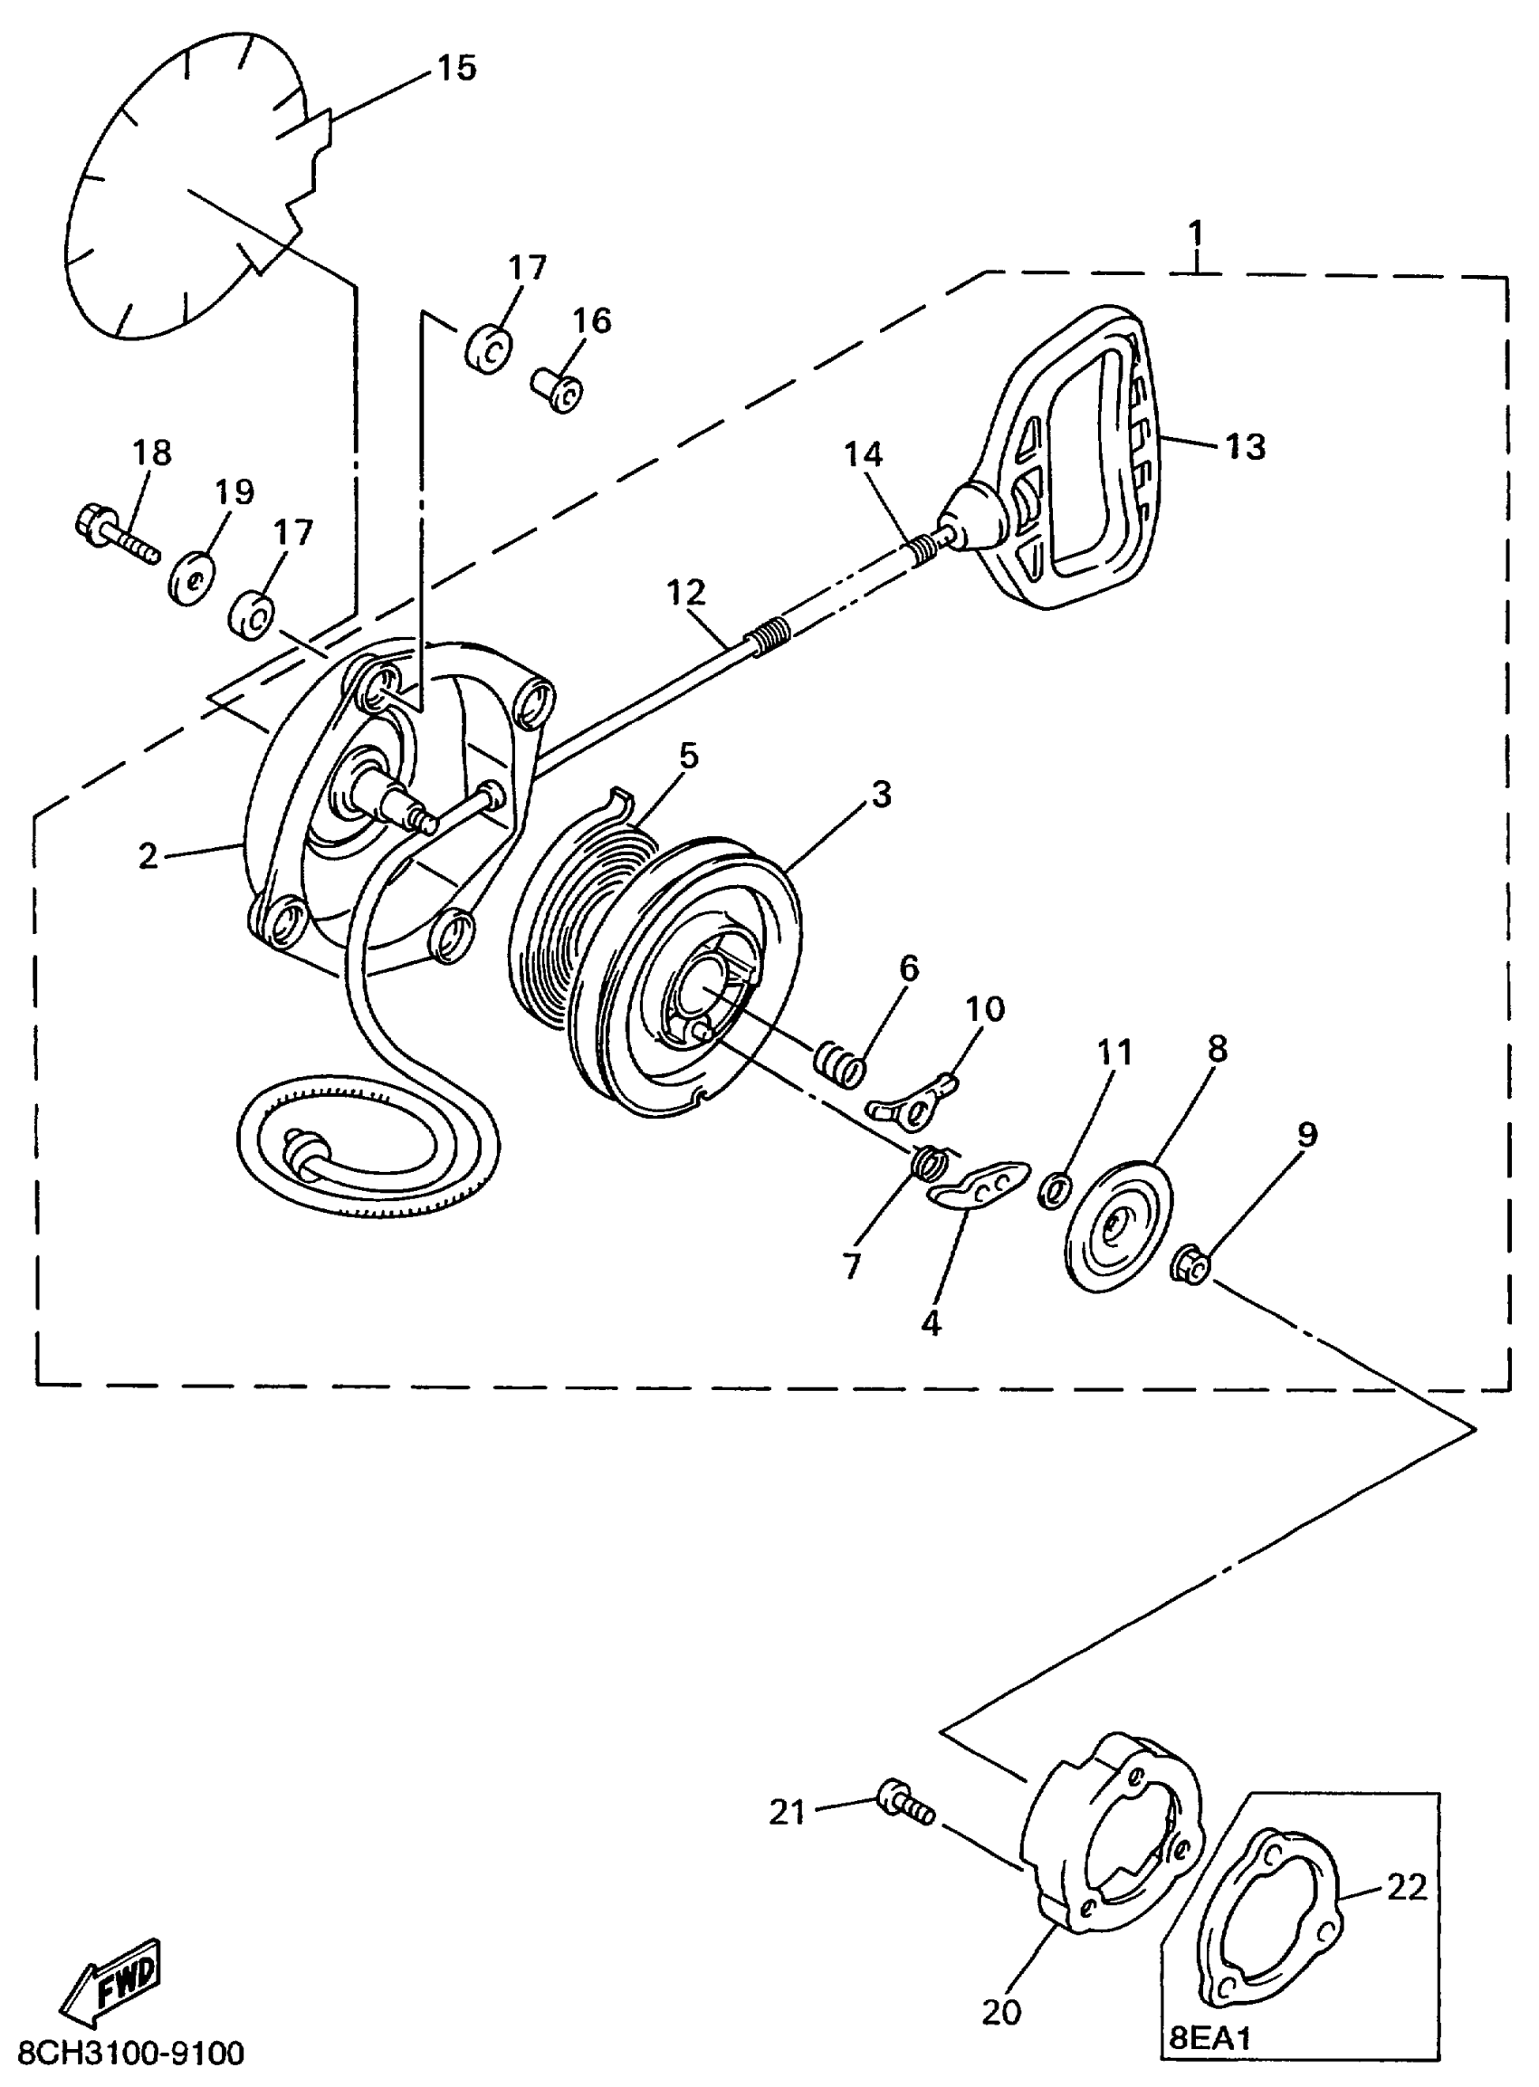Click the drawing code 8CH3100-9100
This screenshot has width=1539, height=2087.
(131, 2053)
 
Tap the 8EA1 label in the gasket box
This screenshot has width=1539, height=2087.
(1210, 2038)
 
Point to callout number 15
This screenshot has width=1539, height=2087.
(456, 68)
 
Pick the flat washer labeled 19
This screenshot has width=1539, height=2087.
(191, 581)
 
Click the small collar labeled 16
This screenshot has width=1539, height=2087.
(558, 391)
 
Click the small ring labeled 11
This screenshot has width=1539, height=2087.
(1054, 1191)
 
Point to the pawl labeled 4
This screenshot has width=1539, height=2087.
(979, 1186)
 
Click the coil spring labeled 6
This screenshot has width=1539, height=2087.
(841, 1065)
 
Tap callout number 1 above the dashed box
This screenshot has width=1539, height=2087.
(1196, 232)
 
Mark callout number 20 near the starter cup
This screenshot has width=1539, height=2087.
(1001, 2011)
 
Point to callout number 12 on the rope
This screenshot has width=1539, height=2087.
(686, 592)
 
